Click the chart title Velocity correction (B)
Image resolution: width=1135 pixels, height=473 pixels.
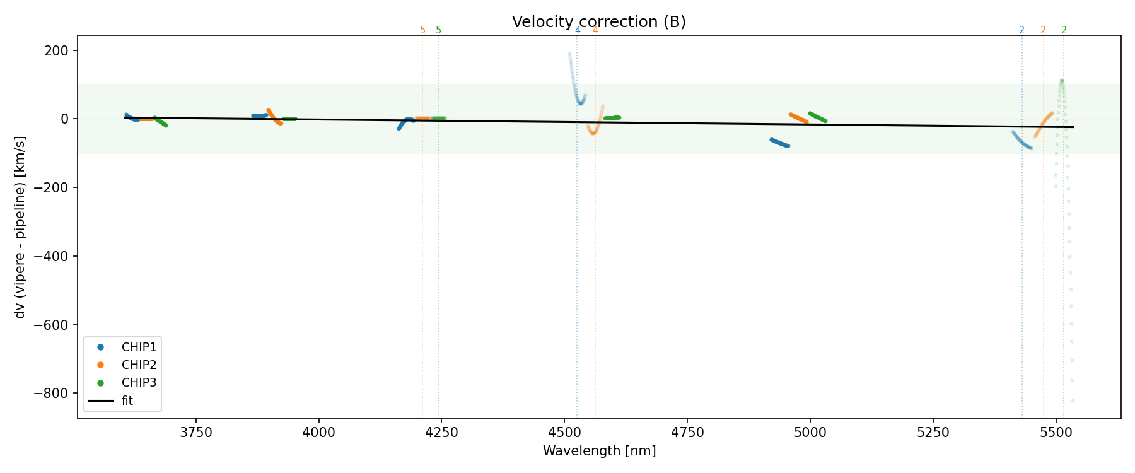pyautogui.click(x=598, y=22)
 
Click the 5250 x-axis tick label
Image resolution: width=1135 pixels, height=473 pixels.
pyautogui.click(x=933, y=433)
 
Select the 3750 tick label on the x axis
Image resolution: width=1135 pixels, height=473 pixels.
pyautogui.click(x=196, y=433)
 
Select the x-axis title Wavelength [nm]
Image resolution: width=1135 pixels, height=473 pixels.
pyautogui.click(x=599, y=451)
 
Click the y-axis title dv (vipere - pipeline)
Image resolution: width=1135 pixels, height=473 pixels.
pyautogui.click(x=20, y=227)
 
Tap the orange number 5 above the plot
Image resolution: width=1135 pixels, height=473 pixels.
pyautogui.click(x=422, y=30)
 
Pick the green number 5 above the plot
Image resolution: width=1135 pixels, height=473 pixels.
pyautogui.click(x=439, y=30)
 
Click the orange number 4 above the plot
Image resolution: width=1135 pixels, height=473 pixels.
pyautogui.click(x=595, y=30)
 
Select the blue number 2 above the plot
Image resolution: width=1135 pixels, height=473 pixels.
pyautogui.click(x=1021, y=30)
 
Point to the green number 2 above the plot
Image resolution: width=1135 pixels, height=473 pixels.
pyautogui.click(x=1064, y=30)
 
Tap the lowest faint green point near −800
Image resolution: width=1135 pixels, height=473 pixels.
pyautogui.click(x=1073, y=400)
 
